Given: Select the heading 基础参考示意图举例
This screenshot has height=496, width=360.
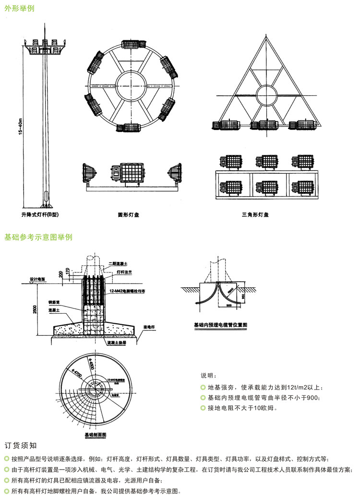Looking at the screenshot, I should click(38, 237).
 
